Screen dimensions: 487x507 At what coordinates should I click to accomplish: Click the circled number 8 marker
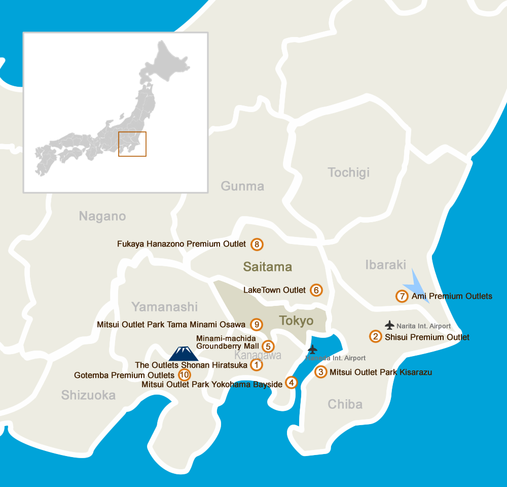tap(257, 245)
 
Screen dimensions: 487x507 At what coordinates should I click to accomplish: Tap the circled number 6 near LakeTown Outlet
tap(316, 290)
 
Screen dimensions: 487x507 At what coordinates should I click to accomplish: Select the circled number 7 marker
tap(402, 296)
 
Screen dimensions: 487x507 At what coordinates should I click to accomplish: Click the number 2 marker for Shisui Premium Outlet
tap(375, 337)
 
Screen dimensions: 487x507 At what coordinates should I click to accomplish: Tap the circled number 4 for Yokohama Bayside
tap(291, 382)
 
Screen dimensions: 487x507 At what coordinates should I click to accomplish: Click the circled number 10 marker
tap(185, 375)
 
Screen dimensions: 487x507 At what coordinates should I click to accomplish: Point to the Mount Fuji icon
tap(183, 353)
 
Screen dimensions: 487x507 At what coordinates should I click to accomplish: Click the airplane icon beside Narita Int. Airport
tap(389, 325)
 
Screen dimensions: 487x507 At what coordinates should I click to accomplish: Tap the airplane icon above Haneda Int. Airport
tap(312, 350)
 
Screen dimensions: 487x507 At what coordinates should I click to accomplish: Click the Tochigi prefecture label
tap(349, 172)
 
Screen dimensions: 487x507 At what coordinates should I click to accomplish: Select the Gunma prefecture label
tap(242, 186)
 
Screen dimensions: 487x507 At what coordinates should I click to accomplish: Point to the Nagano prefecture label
tap(102, 217)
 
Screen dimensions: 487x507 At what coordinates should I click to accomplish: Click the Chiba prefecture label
tap(345, 404)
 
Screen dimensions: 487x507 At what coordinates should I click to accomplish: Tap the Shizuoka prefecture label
tap(88, 395)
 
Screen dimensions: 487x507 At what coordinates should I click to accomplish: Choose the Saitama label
tap(268, 266)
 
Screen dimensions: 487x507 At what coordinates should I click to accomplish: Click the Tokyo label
tap(296, 321)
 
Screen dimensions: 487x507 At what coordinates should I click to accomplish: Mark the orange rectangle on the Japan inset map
tap(132, 144)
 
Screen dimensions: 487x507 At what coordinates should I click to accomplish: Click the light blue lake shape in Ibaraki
tap(419, 286)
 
